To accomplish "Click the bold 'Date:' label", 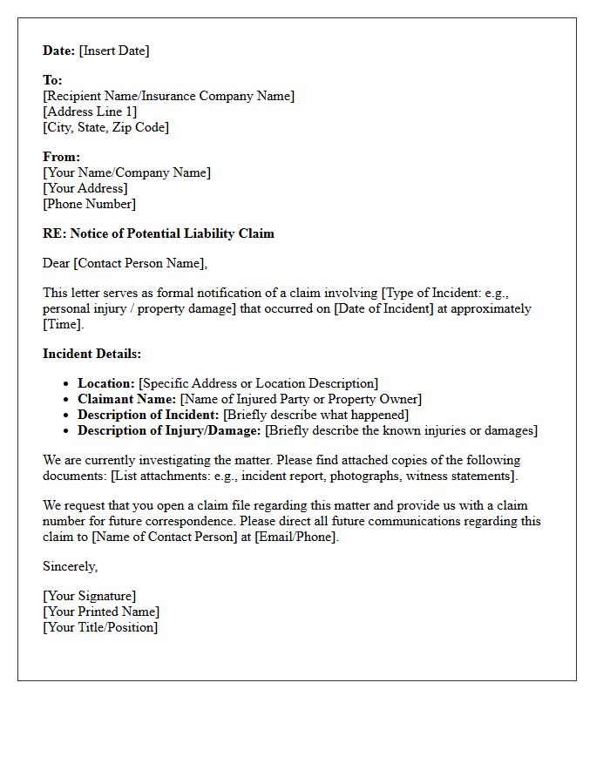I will tap(58, 51).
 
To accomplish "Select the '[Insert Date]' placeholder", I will tap(114, 51).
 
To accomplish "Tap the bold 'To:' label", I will tap(52, 80).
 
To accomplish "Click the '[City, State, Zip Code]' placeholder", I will tap(105, 127).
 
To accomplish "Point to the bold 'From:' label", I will tap(61, 157).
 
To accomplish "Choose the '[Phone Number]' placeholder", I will tap(89, 204).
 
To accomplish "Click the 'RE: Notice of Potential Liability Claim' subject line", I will tap(159, 233).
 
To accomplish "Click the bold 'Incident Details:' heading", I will tap(91, 354).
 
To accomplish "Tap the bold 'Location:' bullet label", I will tap(106, 383).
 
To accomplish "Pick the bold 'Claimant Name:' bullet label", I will tap(127, 399).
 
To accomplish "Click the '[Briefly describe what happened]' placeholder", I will tap(315, 415).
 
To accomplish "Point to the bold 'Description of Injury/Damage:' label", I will tap(169, 430).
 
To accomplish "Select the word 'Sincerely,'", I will tap(71, 566).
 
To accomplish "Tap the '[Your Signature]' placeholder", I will tap(89, 596).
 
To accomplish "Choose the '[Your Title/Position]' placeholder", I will tap(100, 627).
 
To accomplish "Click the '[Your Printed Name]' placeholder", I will tap(101, 612).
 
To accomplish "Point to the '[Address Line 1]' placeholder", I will tap(90, 112).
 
